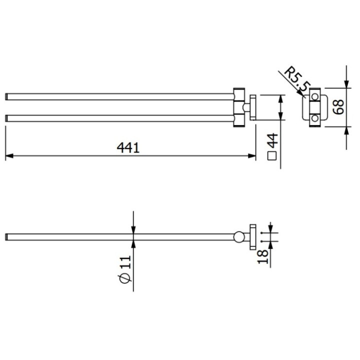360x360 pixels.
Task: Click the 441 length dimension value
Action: [x=128, y=148]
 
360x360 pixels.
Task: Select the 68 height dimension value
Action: [x=339, y=107]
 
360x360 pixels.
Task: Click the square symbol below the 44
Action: [x=272, y=156]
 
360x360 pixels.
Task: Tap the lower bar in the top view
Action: [x=120, y=118]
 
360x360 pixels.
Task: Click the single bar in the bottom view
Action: [x=120, y=236]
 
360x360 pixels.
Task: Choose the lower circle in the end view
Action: [x=314, y=118]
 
